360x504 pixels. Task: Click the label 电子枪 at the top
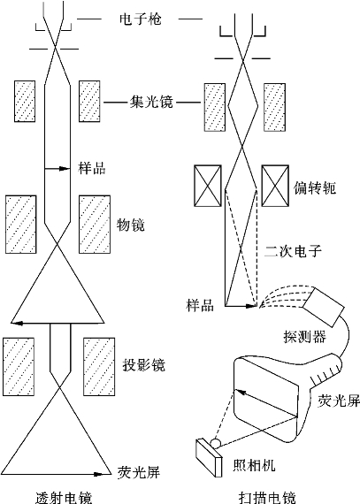pyautogui.click(x=140, y=19)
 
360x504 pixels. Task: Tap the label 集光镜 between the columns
pyautogui.click(x=151, y=102)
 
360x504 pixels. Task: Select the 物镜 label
pyautogui.click(x=130, y=225)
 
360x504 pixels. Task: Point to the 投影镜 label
pyautogui.click(x=143, y=365)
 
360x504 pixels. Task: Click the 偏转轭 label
pyautogui.click(x=315, y=187)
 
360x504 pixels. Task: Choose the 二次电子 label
pyautogui.click(x=293, y=251)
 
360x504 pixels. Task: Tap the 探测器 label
pyautogui.click(x=304, y=336)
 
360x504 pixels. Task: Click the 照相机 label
pyautogui.click(x=254, y=464)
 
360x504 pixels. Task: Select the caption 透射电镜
pyautogui.click(x=64, y=497)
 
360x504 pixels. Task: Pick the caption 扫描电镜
pyautogui.click(x=267, y=497)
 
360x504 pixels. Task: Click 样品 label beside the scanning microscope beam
pyautogui.click(x=200, y=305)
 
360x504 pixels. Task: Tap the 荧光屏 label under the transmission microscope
pyautogui.click(x=139, y=472)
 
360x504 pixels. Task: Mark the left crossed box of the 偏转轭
pyautogui.click(x=208, y=186)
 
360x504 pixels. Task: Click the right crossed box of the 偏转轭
pyautogui.click(x=275, y=186)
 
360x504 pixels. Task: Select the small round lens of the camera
pyautogui.click(x=216, y=443)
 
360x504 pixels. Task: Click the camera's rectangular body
pyautogui.click(x=209, y=458)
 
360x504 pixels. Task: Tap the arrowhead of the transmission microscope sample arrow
pyautogui.click(x=65, y=168)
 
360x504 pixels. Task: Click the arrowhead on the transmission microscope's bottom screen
pyautogui.click(x=98, y=474)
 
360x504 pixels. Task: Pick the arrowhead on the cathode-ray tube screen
pyautogui.click(x=241, y=393)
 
